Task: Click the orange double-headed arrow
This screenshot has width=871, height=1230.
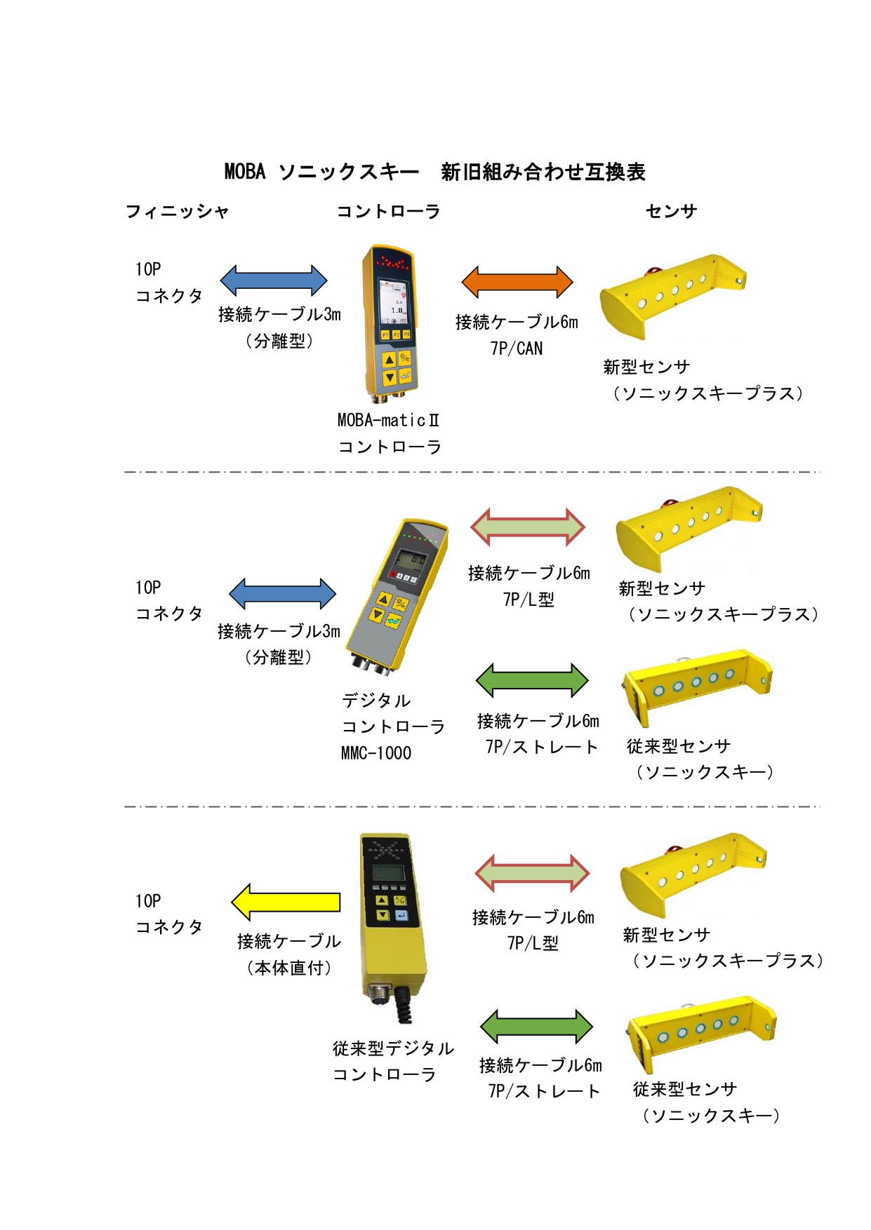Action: click(x=517, y=283)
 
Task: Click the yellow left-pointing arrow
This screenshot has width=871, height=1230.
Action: click(x=286, y=902)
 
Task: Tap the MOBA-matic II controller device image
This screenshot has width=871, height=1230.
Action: click(x=390, y=324)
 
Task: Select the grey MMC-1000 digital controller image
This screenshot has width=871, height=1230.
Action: click(x=397, y=597)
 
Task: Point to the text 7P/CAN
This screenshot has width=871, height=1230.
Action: click(x=517, y=349)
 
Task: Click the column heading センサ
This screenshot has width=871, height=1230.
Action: click(x=671, y=211)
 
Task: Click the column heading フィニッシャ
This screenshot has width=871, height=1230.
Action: click(x=177, y=211)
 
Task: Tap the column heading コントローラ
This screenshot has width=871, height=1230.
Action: click(x=388, y=211)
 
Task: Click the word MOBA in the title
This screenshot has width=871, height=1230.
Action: click(x=245, y=172)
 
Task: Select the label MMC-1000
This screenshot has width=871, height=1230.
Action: click(x=376, y=753)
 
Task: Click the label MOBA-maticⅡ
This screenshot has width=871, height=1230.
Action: click(x=389, y=420)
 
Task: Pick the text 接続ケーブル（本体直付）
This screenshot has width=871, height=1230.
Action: click(x=289, y=954)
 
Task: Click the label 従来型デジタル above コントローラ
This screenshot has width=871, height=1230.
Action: click(x=394, y=1048)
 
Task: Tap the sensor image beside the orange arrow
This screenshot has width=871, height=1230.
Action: click(x=672, y=297)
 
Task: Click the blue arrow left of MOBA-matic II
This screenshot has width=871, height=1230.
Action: click(x=274, y=281)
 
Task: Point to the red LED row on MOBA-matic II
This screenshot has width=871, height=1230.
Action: click(x=392, y=264)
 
